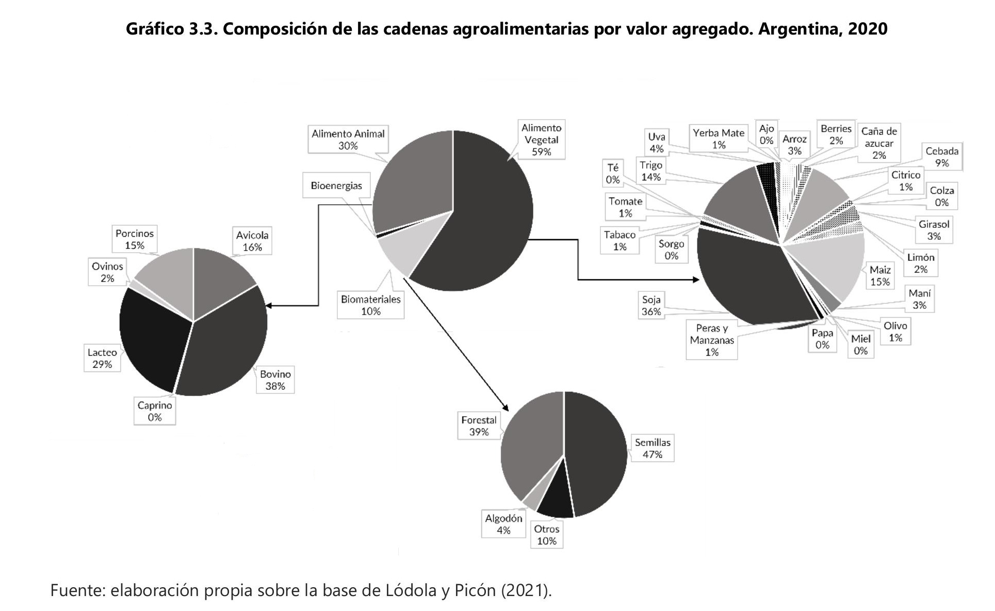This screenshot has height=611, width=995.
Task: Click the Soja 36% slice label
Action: point(651,306)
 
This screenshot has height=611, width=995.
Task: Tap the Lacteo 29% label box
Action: point(102,358)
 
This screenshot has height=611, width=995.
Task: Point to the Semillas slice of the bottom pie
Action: point(596,454)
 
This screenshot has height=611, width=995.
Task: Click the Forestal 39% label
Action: point(479,426)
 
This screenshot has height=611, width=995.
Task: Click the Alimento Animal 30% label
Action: point(348,140)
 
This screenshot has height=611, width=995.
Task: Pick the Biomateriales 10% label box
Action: point(370,305)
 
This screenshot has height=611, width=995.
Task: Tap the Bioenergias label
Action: point(336,186)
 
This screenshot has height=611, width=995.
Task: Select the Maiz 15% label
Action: point(880,276)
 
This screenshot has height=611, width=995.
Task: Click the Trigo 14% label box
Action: point(650,171)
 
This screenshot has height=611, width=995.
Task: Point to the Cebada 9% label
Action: point(942,157)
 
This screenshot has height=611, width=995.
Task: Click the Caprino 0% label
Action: point(155,411)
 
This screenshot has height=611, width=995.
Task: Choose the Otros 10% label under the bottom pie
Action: point(546,535)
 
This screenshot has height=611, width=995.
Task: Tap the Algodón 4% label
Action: point(503,524)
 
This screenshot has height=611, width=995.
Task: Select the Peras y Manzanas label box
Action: point(712,340)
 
